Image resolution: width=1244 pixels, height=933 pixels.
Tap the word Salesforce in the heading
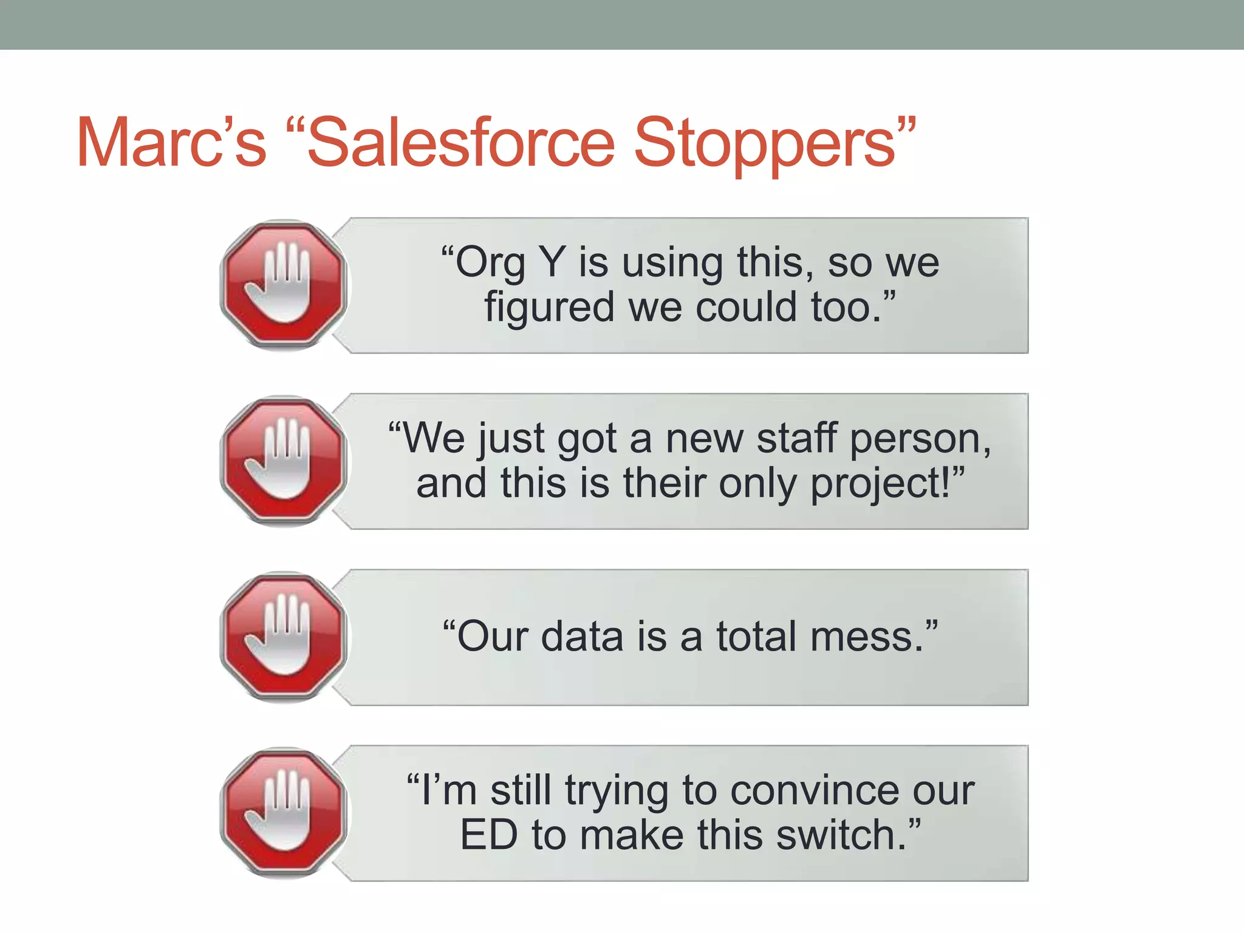462,143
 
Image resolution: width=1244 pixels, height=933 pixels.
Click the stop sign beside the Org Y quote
284,285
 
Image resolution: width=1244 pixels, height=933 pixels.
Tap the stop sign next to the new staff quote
284,461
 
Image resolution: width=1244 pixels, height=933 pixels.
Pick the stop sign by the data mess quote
284,637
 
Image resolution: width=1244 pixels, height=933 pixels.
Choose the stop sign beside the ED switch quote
284,813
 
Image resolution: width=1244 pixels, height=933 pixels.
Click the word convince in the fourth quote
816,790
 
